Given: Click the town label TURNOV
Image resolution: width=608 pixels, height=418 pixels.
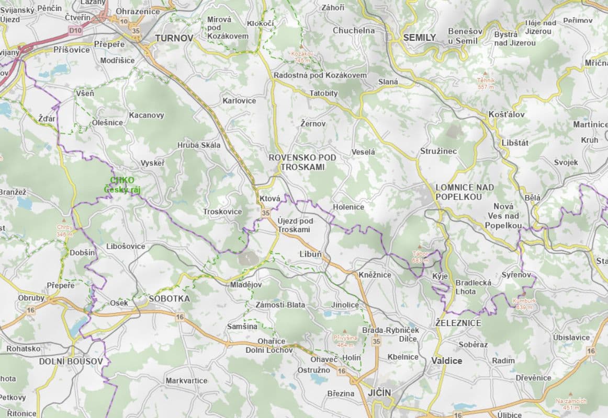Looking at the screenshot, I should tap(174, 38).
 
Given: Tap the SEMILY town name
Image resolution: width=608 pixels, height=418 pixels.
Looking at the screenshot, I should tap(419, 38).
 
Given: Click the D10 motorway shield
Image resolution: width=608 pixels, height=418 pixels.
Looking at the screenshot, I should tap(75, 31).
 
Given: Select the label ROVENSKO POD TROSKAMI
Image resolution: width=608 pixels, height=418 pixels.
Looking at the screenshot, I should tap(302, 162).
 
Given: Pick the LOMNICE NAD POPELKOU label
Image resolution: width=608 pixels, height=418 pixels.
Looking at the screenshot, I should tap(464, 192).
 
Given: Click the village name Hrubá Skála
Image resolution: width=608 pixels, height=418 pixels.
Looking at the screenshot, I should tap(199, 145).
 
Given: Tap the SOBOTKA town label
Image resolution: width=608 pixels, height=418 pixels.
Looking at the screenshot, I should tap(169, 298).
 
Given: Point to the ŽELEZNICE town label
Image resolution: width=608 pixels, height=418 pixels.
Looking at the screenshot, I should tap(458, 323).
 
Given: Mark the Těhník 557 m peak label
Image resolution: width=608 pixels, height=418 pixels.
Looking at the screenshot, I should tap(486, 83).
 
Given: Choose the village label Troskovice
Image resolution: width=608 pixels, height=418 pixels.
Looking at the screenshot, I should tap(222, 212).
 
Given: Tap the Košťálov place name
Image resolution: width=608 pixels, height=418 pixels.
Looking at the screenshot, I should tap(506, 114).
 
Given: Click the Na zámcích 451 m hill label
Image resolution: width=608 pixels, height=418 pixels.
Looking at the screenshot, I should tap(571, 403).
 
